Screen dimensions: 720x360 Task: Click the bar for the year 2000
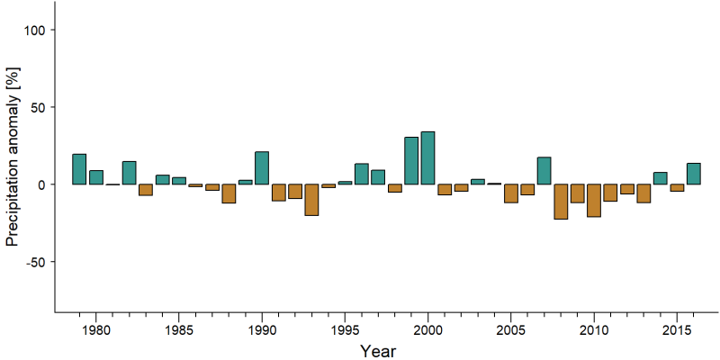428,158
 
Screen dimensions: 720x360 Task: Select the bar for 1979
79,169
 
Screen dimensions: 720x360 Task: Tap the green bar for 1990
262,168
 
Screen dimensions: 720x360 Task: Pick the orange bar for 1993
311,200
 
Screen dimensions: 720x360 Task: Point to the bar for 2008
561,202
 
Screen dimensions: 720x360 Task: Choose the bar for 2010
594,200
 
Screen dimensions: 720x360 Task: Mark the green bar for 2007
544,171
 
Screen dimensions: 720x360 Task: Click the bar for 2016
693,174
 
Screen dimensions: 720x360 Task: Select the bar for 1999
411,161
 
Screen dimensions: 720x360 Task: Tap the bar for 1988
229,193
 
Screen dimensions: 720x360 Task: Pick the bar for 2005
511,193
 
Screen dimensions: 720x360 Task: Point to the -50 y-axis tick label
35,262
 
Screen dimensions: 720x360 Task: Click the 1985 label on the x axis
178,329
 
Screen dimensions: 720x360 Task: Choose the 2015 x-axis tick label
677,329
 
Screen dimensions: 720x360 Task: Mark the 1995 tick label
345,329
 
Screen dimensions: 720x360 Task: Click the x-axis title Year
378,351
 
